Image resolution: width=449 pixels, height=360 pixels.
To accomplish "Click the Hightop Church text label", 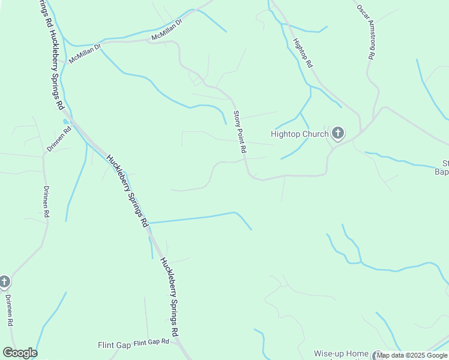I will click(300, 134).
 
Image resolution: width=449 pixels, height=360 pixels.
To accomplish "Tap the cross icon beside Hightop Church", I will click(338, 133).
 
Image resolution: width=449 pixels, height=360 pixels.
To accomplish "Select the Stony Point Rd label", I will click(240, 132).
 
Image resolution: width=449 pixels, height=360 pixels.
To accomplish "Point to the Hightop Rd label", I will click(302, 53).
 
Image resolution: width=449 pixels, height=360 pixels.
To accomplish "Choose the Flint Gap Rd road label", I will click(151, 342).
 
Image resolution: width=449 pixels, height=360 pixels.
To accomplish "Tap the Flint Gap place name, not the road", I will click(114, 345).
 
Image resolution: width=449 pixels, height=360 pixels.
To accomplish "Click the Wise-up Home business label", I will click(341, 353).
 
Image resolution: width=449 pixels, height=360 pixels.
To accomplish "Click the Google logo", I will click(20, 353).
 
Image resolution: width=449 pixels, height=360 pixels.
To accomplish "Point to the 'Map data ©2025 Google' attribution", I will click(412, 356).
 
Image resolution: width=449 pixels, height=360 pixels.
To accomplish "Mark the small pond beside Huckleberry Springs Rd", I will click(65, 122).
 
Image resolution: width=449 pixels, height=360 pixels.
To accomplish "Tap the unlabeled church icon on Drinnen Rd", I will click(4, 281).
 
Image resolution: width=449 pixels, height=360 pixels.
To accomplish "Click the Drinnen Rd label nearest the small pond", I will click(58, 139).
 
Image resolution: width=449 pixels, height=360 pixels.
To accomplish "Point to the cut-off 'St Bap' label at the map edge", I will click(444, 167).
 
